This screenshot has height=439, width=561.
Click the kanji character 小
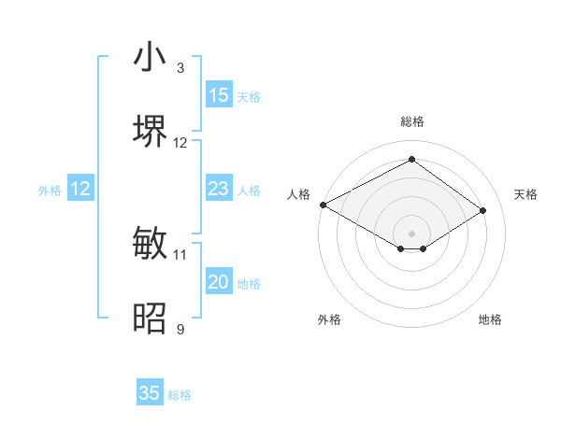click(150, 57)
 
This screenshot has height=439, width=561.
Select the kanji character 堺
click(150, 132)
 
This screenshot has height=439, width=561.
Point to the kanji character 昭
click(150, 319)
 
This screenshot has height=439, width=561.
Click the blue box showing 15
click(219, 95)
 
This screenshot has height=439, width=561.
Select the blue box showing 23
click(219, 189)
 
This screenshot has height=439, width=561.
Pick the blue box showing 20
click(219, 282)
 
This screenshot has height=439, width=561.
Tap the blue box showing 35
click(150, 393)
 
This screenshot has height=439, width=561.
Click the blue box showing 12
click(80, 189)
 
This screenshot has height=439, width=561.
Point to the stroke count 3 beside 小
click(180, 68)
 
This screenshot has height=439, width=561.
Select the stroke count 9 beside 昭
click(180, 330)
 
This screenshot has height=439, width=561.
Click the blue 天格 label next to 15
click(249, 96)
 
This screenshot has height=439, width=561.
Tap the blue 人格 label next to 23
click(249, 190)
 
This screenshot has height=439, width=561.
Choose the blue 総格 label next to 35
click(180, 394)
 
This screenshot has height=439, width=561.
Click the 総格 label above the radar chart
click(412, 121)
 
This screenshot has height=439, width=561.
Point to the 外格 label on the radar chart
click(329, 319)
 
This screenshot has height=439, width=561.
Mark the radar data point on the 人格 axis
click(323, 205)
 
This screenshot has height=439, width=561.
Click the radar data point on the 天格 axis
click(483, 210)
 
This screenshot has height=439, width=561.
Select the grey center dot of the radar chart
click(412, 233)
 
